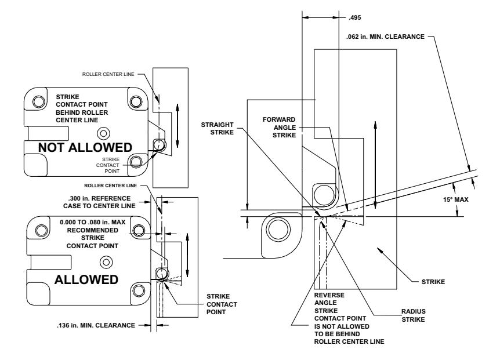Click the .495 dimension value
pos(354,17)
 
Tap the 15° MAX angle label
pos(456,200)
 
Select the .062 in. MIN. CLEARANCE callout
pos(385,37)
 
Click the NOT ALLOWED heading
pos(85,147)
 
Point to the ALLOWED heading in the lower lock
pos(86,280)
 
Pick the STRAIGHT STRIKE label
pos(217,128)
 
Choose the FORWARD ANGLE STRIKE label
pos(280,128)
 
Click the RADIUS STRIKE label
pos(413,315)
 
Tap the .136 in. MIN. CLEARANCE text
pos(96,325)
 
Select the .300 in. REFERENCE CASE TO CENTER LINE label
pos(99,202)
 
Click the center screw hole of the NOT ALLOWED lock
pos(103,133)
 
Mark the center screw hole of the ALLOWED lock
pos(106,263)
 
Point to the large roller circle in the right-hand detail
pos(324,194)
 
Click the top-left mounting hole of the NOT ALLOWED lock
pos(39,102)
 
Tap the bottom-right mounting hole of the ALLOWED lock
pos(139,290)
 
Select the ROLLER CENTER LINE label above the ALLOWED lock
pos(110,186)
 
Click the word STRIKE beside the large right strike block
pos(433,282)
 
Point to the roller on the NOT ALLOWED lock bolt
pos(160,145)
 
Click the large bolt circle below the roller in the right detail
pos(279,230)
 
